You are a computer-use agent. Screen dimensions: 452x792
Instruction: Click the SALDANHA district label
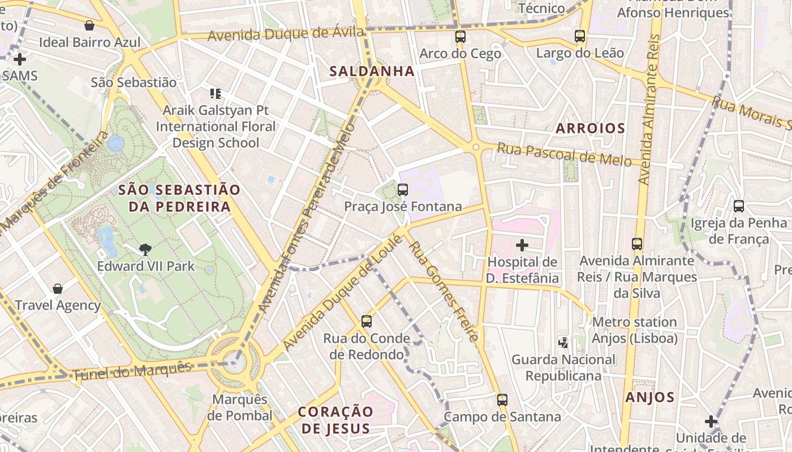[372, 71]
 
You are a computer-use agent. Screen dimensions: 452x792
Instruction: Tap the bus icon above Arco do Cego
[460, 37]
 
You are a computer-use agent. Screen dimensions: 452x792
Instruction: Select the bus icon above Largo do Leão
[580, 36]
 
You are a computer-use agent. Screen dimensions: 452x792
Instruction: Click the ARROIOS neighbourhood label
[590, 128]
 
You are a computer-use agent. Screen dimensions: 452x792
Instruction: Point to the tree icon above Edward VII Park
[145, 249]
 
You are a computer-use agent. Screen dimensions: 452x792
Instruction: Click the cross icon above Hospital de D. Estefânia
[522, 245]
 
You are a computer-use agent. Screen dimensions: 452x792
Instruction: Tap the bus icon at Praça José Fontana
[403, 190]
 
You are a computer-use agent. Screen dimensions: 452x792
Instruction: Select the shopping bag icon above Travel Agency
[58, 289]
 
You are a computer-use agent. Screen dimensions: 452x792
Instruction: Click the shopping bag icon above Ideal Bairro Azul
[89, 25]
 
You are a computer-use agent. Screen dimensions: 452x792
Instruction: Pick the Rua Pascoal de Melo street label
[564, 155]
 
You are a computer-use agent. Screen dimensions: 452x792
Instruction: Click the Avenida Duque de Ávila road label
[286, 34]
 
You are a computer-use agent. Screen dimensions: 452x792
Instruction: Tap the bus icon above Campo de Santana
[502, 400]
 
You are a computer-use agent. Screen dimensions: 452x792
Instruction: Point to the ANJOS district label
[650, 397]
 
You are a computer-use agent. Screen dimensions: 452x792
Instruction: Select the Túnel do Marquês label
[132, 371]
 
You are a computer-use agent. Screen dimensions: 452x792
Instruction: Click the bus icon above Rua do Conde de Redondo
[367, 321]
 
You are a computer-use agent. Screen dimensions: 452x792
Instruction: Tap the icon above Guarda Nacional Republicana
[563, 342]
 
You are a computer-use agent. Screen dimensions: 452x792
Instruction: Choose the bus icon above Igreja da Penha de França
[738, 206]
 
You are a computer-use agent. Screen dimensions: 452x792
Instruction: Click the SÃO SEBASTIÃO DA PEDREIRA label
[179, 198]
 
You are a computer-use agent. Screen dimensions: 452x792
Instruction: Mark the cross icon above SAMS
[20, 59]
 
